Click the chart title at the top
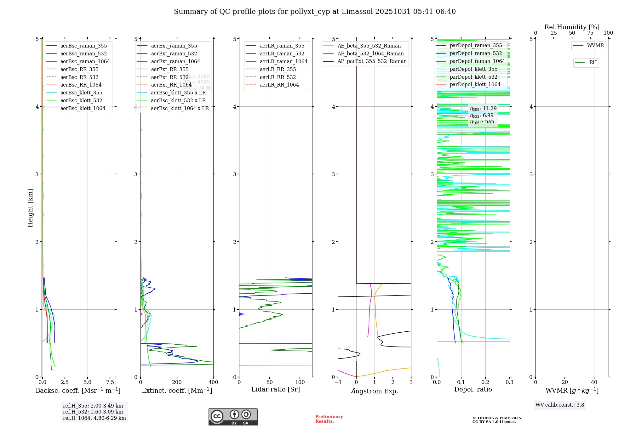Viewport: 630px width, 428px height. (x=315, y=12)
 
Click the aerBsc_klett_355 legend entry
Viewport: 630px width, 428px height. (x=81, y=93)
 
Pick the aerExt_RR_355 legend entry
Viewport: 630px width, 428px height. (x=170, y=69)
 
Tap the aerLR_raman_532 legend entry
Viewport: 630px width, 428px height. (x=282, y=53)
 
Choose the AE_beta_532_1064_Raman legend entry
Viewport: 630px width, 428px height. (x=370, y=53)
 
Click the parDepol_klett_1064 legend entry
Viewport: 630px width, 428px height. (x=475, y=84)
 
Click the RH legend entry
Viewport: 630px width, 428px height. (x=593, y=63)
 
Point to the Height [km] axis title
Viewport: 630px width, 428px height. (x=30, y=208)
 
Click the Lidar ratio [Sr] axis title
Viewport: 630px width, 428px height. (x=276, y=389)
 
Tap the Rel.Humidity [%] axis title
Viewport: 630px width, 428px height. (x=572, y=27)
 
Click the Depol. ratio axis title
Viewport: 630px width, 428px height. (x=473, y=389)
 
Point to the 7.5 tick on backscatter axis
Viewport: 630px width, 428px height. (x=110, y=382)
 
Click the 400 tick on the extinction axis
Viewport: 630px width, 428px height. (x=213, y=382)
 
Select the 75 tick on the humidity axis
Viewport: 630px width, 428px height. (x=590, y=33)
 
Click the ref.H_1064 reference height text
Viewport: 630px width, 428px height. (x=94, y=418)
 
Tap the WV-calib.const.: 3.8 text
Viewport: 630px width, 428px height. (x=560, y=405)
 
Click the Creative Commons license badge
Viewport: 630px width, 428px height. (x=233, y=417)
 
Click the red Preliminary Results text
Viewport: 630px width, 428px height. (x=329, y=419)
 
